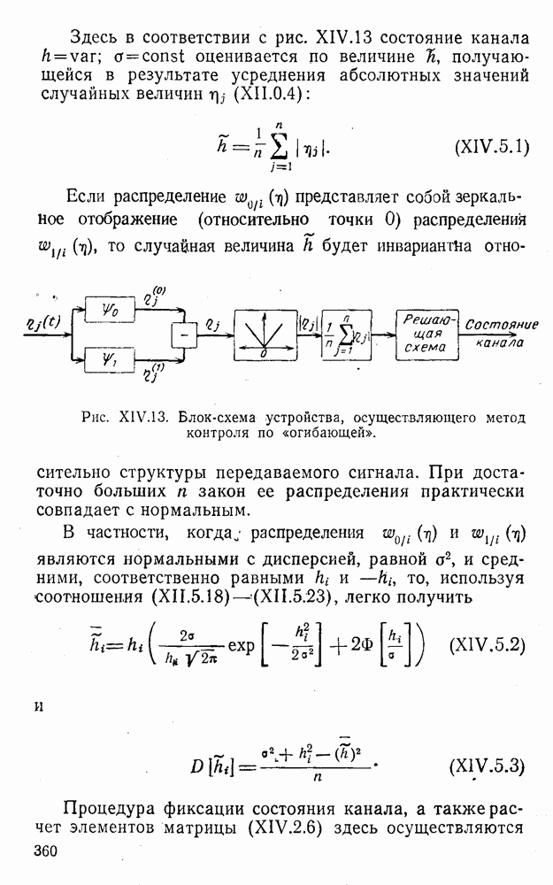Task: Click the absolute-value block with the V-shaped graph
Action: point(265,334)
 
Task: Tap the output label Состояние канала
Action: point(501,332)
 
